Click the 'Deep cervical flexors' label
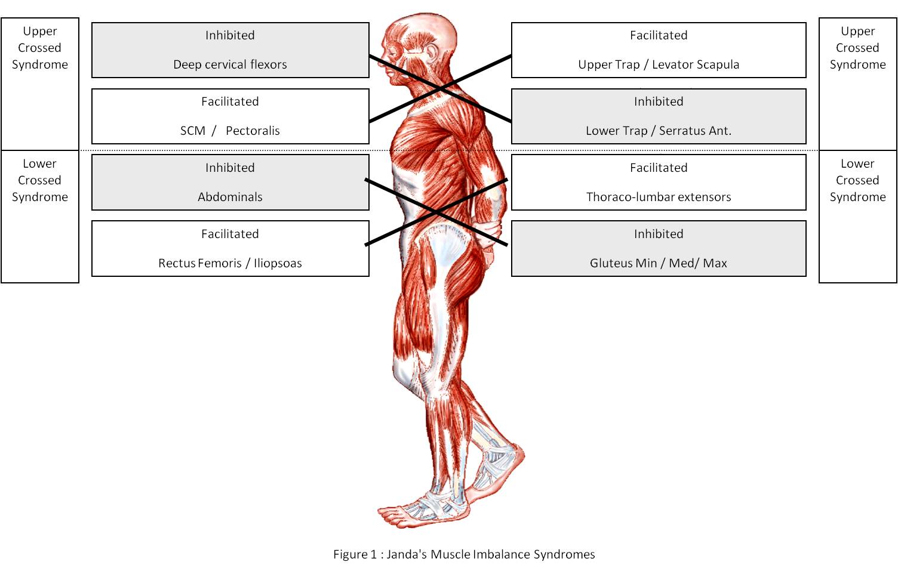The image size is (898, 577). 230,64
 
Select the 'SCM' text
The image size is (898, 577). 192,131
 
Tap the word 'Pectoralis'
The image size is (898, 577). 253,131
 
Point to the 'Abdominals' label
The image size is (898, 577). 230,197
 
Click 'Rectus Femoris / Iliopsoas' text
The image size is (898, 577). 230,263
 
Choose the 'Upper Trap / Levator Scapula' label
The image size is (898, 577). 659,64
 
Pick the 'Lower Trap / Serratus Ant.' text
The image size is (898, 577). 659,131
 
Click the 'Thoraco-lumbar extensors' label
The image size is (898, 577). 659,197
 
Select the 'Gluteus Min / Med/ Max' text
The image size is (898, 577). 659,263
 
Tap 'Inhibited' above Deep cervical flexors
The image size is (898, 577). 230,35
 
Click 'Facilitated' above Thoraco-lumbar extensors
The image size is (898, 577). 659,168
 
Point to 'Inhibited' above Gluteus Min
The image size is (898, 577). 659,234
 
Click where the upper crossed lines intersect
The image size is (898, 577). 440,89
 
